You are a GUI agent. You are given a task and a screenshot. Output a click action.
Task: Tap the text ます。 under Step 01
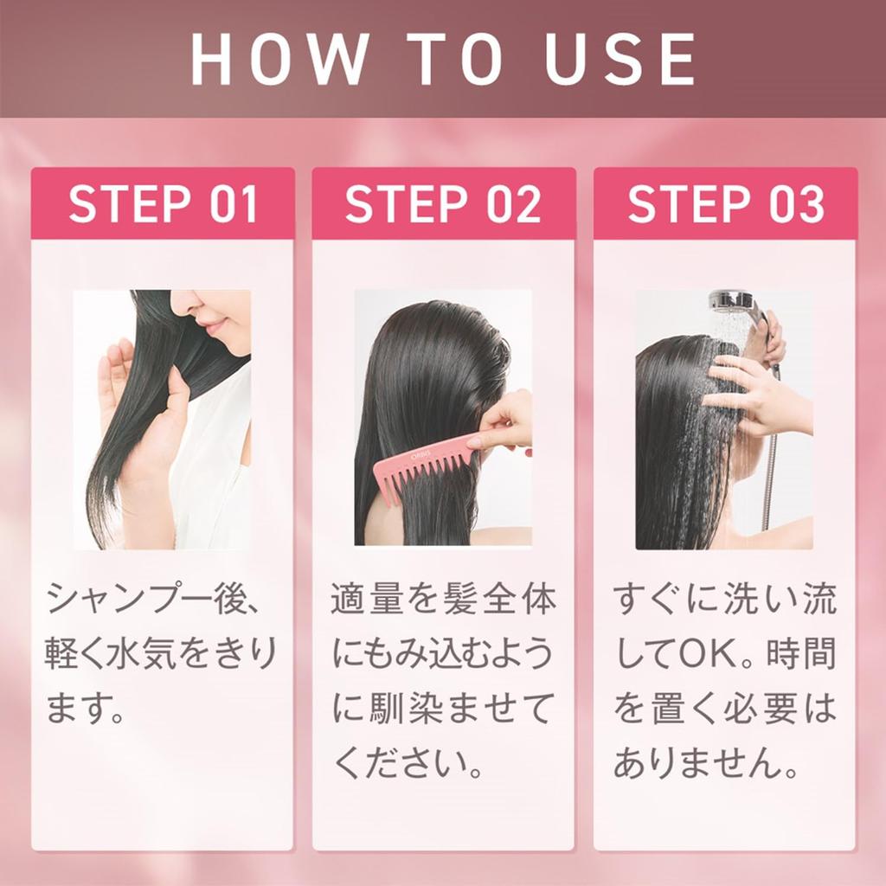(x=87, y=710)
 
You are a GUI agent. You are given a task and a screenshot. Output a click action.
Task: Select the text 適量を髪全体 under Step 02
(x=443, y=600)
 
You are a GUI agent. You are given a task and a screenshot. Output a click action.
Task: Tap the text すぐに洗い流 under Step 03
(x=725, y=600)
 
